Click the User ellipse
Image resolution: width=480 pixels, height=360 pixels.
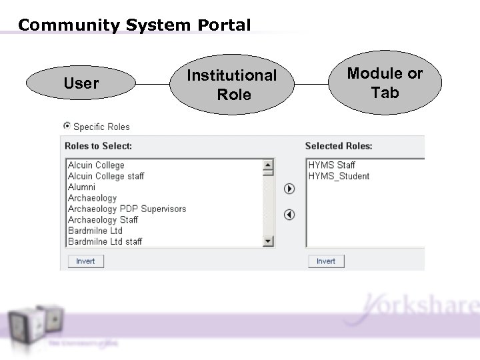[x=81, y=83]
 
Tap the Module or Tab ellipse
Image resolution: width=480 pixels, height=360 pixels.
[x=385, y=83]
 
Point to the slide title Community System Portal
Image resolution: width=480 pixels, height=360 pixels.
[x=134, y=25]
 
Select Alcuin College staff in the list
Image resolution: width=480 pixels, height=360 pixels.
[x=106, y=176]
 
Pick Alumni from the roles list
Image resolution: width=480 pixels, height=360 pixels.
[x=81, y=187]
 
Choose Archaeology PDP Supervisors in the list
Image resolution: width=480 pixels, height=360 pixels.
[x=127, y=209]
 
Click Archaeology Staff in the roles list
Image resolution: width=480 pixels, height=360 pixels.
[x=103, y=219]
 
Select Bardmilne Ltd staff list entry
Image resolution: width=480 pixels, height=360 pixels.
[x=105, y=241]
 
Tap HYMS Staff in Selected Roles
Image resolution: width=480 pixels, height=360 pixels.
[x=331, y=165]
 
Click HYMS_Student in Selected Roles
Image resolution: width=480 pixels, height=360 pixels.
[x=338, y=176]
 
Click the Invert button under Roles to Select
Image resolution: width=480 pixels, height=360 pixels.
[x=85, y=261]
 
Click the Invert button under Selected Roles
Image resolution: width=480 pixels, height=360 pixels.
[x=326, y=261]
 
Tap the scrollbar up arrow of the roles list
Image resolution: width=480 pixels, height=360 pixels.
[x=269, y=164]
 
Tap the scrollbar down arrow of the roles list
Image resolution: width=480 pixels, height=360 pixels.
[x=269, y=241]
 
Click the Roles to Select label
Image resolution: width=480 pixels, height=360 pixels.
[x=98, y=145]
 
